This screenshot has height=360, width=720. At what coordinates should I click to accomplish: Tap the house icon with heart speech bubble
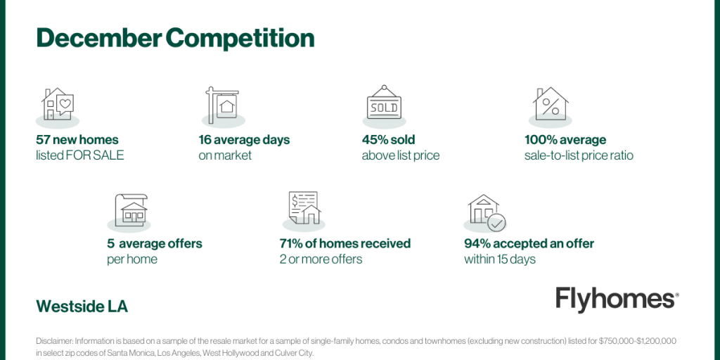[58, 104]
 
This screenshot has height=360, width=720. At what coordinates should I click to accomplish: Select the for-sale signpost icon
[222, 105]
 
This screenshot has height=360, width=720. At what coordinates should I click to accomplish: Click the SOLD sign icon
[384, 103]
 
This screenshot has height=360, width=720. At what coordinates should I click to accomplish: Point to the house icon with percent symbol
[551, 104]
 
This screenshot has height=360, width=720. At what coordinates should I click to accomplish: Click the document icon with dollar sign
[304, 207]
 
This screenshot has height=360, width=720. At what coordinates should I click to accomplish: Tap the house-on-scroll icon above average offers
[131, 209]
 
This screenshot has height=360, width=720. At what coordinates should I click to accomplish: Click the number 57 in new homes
[43, 140]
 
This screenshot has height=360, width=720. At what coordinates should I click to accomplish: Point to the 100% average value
[565, 140]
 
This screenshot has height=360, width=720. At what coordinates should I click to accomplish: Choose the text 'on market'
[225, 155]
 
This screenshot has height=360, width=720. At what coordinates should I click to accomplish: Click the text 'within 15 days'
[500, 259]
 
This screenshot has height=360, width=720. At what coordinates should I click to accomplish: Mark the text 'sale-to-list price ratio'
[579, 155]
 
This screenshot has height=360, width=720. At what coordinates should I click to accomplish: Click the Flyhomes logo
[617, 300]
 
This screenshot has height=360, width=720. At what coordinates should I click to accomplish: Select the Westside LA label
[82, 307]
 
